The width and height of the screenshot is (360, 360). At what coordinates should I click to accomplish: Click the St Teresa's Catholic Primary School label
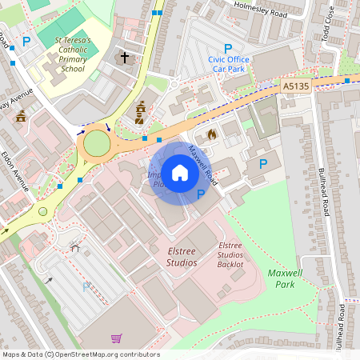tap(69, 54)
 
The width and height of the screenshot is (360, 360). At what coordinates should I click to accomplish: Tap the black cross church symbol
tap(124, 58)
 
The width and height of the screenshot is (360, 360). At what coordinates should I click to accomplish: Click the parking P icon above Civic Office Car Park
tap(228, 48)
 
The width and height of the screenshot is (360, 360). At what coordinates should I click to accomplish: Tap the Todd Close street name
tap(329, 39)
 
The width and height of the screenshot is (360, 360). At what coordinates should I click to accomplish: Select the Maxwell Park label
tap(286, 278)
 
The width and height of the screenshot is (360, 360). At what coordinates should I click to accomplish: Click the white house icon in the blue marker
tap(180, 172)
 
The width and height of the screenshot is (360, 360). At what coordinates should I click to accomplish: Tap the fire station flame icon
tap(211, 135)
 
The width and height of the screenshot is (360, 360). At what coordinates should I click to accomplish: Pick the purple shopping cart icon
tap(117, 338)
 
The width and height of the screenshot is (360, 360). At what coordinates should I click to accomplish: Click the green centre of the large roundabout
tap(96, 144)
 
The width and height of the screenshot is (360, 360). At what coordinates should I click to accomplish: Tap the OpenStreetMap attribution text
tap(80, 354)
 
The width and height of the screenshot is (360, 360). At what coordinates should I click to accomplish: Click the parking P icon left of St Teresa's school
tap(26, 41)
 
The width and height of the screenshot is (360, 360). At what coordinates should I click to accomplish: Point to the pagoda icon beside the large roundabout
tap(140, 112)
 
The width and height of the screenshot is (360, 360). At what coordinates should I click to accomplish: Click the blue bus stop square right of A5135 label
tap(348, 80)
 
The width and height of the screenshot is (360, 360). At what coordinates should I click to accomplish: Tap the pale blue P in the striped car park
tap(86, 287)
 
